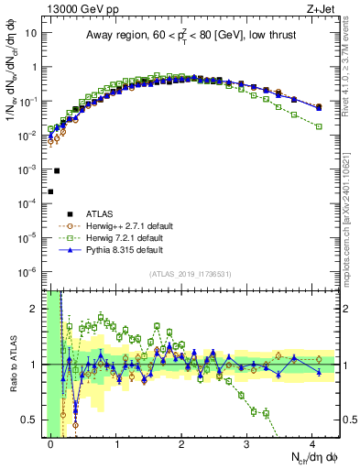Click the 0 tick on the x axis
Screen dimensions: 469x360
[x=50, y=443]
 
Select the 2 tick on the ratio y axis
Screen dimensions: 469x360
[x=37, y=309]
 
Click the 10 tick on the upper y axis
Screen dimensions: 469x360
[x=33, y=33]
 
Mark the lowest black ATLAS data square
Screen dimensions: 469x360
[x=50, y=191]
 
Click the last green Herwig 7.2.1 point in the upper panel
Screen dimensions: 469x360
[x=318, y=126]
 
